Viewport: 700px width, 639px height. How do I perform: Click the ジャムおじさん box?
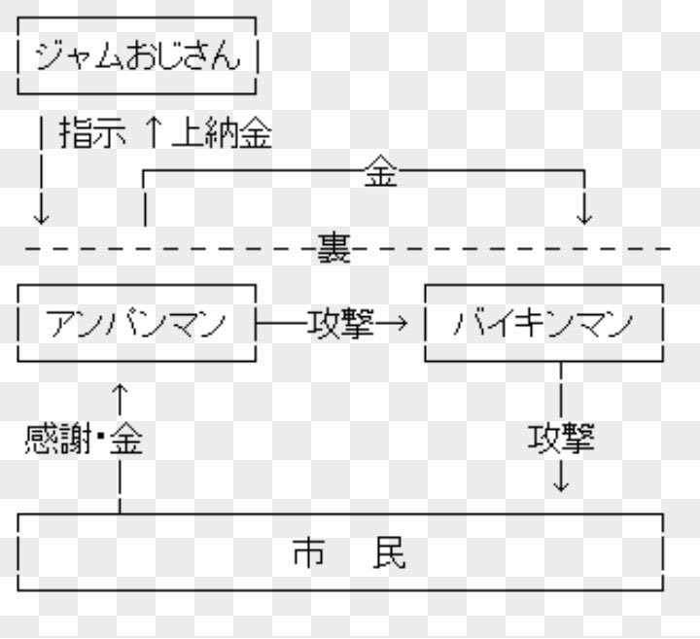[137, 58]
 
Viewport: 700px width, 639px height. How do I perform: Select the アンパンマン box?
[136, 322]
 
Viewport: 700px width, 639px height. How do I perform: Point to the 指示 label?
[92, 134]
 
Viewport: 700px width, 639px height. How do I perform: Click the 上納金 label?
[221, 134]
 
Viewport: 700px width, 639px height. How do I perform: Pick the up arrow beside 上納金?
[154, 134]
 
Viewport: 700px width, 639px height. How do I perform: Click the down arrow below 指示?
[41, 209]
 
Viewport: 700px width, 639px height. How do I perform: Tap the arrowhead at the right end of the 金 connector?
[584, 214]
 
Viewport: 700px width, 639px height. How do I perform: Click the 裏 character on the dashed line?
[333, 250]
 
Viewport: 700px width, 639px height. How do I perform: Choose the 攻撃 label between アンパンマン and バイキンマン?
[340, 322]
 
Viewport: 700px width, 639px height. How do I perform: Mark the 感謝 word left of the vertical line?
[56, 440]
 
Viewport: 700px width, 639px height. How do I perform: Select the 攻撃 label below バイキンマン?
[561, 438]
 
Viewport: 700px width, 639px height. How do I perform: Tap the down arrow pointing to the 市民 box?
[561, 479]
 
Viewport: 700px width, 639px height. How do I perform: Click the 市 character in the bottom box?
[308, 552]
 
